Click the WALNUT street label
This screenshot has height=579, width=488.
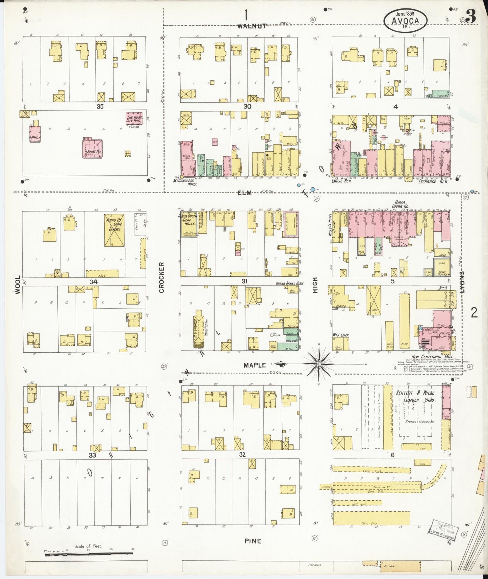pos(251,26)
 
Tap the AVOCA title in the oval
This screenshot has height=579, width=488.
pos(405,21)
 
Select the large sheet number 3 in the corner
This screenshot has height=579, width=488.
pos(471,16)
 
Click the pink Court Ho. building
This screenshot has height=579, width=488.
pos(92,149)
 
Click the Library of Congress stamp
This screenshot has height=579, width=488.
pos(443,533)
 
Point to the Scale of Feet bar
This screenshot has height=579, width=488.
pos(88,553)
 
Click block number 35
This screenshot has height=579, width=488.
pos(100,106)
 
